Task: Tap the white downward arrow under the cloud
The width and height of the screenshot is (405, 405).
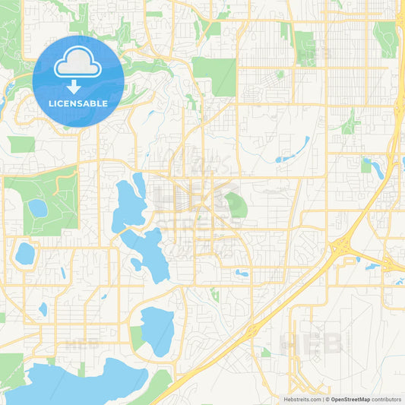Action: point(78,86)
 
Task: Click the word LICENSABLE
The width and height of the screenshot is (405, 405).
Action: point(78,103)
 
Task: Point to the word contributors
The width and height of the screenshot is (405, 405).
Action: point(387,399)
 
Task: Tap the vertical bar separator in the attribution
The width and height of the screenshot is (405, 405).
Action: point(324,399)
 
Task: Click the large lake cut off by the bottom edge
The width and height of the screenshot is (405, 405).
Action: point(76,384)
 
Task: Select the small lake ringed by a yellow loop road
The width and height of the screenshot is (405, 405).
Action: point(24,254)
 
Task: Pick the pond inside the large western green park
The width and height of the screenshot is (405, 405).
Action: point(37,207)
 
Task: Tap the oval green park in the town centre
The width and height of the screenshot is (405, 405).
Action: point(235,204)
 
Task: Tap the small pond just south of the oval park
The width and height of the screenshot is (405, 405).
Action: point(242,273)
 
